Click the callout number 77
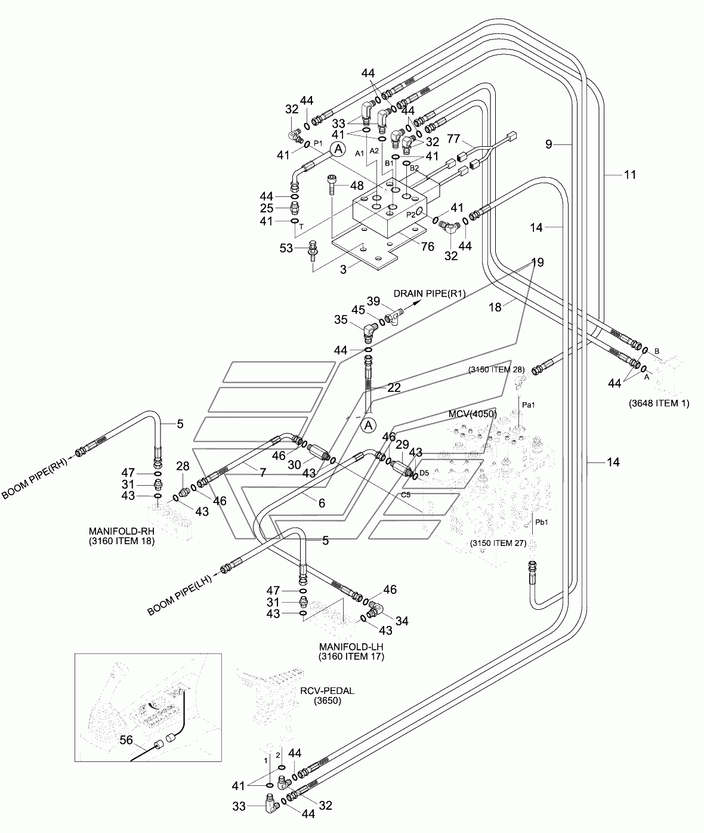coord(453,138)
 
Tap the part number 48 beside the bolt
coord(357,186)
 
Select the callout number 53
coord(286,248)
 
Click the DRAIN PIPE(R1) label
coord(430,294)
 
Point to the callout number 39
coord(373,301)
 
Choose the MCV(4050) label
coord(473,414)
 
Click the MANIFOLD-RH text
coord(122,531)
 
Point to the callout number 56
coord(126,740)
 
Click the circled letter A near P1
coord(338,149)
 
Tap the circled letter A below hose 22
coord(368,425)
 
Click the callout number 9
coord(548,144)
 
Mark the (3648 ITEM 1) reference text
coord(659,403)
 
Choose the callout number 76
coord(427,246)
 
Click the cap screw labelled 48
coord(332,184)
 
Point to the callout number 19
coord(538,263)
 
